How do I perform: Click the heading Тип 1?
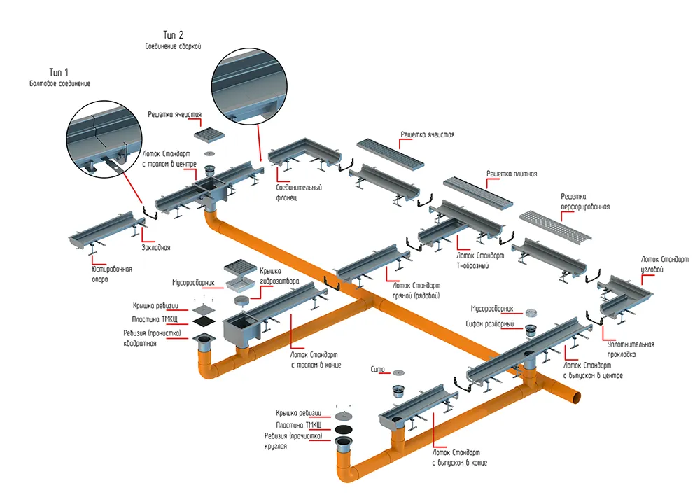tap(59, 72)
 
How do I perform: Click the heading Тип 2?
tap(173, 35)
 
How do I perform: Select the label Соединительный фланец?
tap(299, 193)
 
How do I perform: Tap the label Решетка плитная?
tap(512, 174)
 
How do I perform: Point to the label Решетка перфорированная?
tap(584, 202)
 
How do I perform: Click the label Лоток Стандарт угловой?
tap(665, 264)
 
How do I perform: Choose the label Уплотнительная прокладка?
tap(631, 349)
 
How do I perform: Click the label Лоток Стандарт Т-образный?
tap(480, 260)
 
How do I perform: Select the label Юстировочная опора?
tap(111, 274)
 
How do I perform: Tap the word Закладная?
tap(156, 247)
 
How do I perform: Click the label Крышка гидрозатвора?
tap(279, 277)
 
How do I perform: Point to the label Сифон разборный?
tap(490, 324)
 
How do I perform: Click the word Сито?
tap(377, 370)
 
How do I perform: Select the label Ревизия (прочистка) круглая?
tap(293, 441)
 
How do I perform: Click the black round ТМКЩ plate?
tap(343, 429)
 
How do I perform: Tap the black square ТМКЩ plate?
tap(204, 321)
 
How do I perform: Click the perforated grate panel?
tap(555, 225)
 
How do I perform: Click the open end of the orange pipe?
tap(577, 396)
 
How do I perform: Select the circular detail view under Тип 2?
tap(248, 85)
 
